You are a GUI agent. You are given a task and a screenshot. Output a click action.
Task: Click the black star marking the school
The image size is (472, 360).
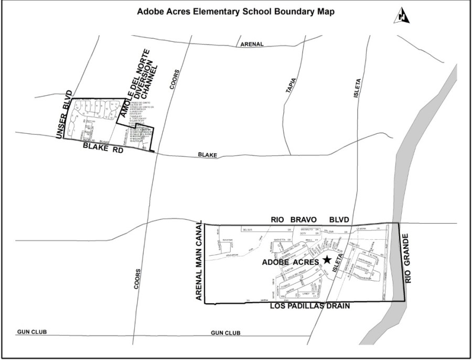pyautogui.click(x=327, y=259)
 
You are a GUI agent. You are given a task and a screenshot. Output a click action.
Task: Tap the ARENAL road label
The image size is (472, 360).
pyautogui.click(x=252, y=45)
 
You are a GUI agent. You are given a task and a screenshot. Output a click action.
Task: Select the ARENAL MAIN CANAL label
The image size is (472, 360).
pyautogui.click(x=199, y=262)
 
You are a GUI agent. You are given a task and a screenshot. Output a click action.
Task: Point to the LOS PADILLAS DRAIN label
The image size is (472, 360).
pyautogui.click(x=309, y=305)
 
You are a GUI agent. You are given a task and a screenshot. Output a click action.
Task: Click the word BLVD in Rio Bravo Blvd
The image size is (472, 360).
pyautogui.click(x=338, y=219)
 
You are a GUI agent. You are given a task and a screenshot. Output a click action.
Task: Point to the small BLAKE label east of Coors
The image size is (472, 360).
pyautogui.click(x=207, y=155)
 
